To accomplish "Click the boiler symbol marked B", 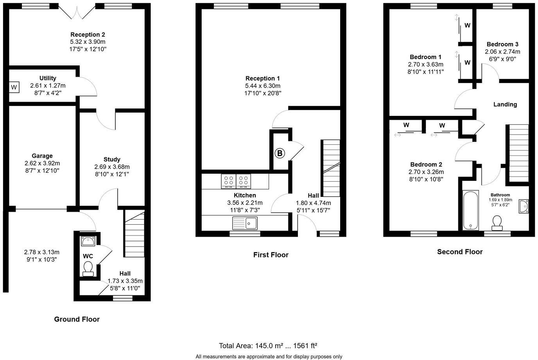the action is [280, 153].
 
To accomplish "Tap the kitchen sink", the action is [245, 223].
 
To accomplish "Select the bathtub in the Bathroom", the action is [470, 210].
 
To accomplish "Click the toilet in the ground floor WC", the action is [88, 269].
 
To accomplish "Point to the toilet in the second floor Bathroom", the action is [497, 223].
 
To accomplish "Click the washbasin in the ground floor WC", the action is [88, 241].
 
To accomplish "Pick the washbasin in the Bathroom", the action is [524, 206].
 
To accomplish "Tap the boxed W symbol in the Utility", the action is [14, 87].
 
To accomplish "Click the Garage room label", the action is [42, 156].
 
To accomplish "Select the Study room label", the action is [112, 159].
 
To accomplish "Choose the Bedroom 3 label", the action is [502, 44].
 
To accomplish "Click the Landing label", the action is [505, 104].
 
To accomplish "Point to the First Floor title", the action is [271, 255].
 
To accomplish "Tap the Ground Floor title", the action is [77, 319].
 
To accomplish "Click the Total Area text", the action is [268, 346].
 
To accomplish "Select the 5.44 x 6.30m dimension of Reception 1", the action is [263, 86].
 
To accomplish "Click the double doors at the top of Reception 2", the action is [77, 11].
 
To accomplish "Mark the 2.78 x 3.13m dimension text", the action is [41, 252].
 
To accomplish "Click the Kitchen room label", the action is [245, 195].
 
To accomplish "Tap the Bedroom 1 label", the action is [425, 57].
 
